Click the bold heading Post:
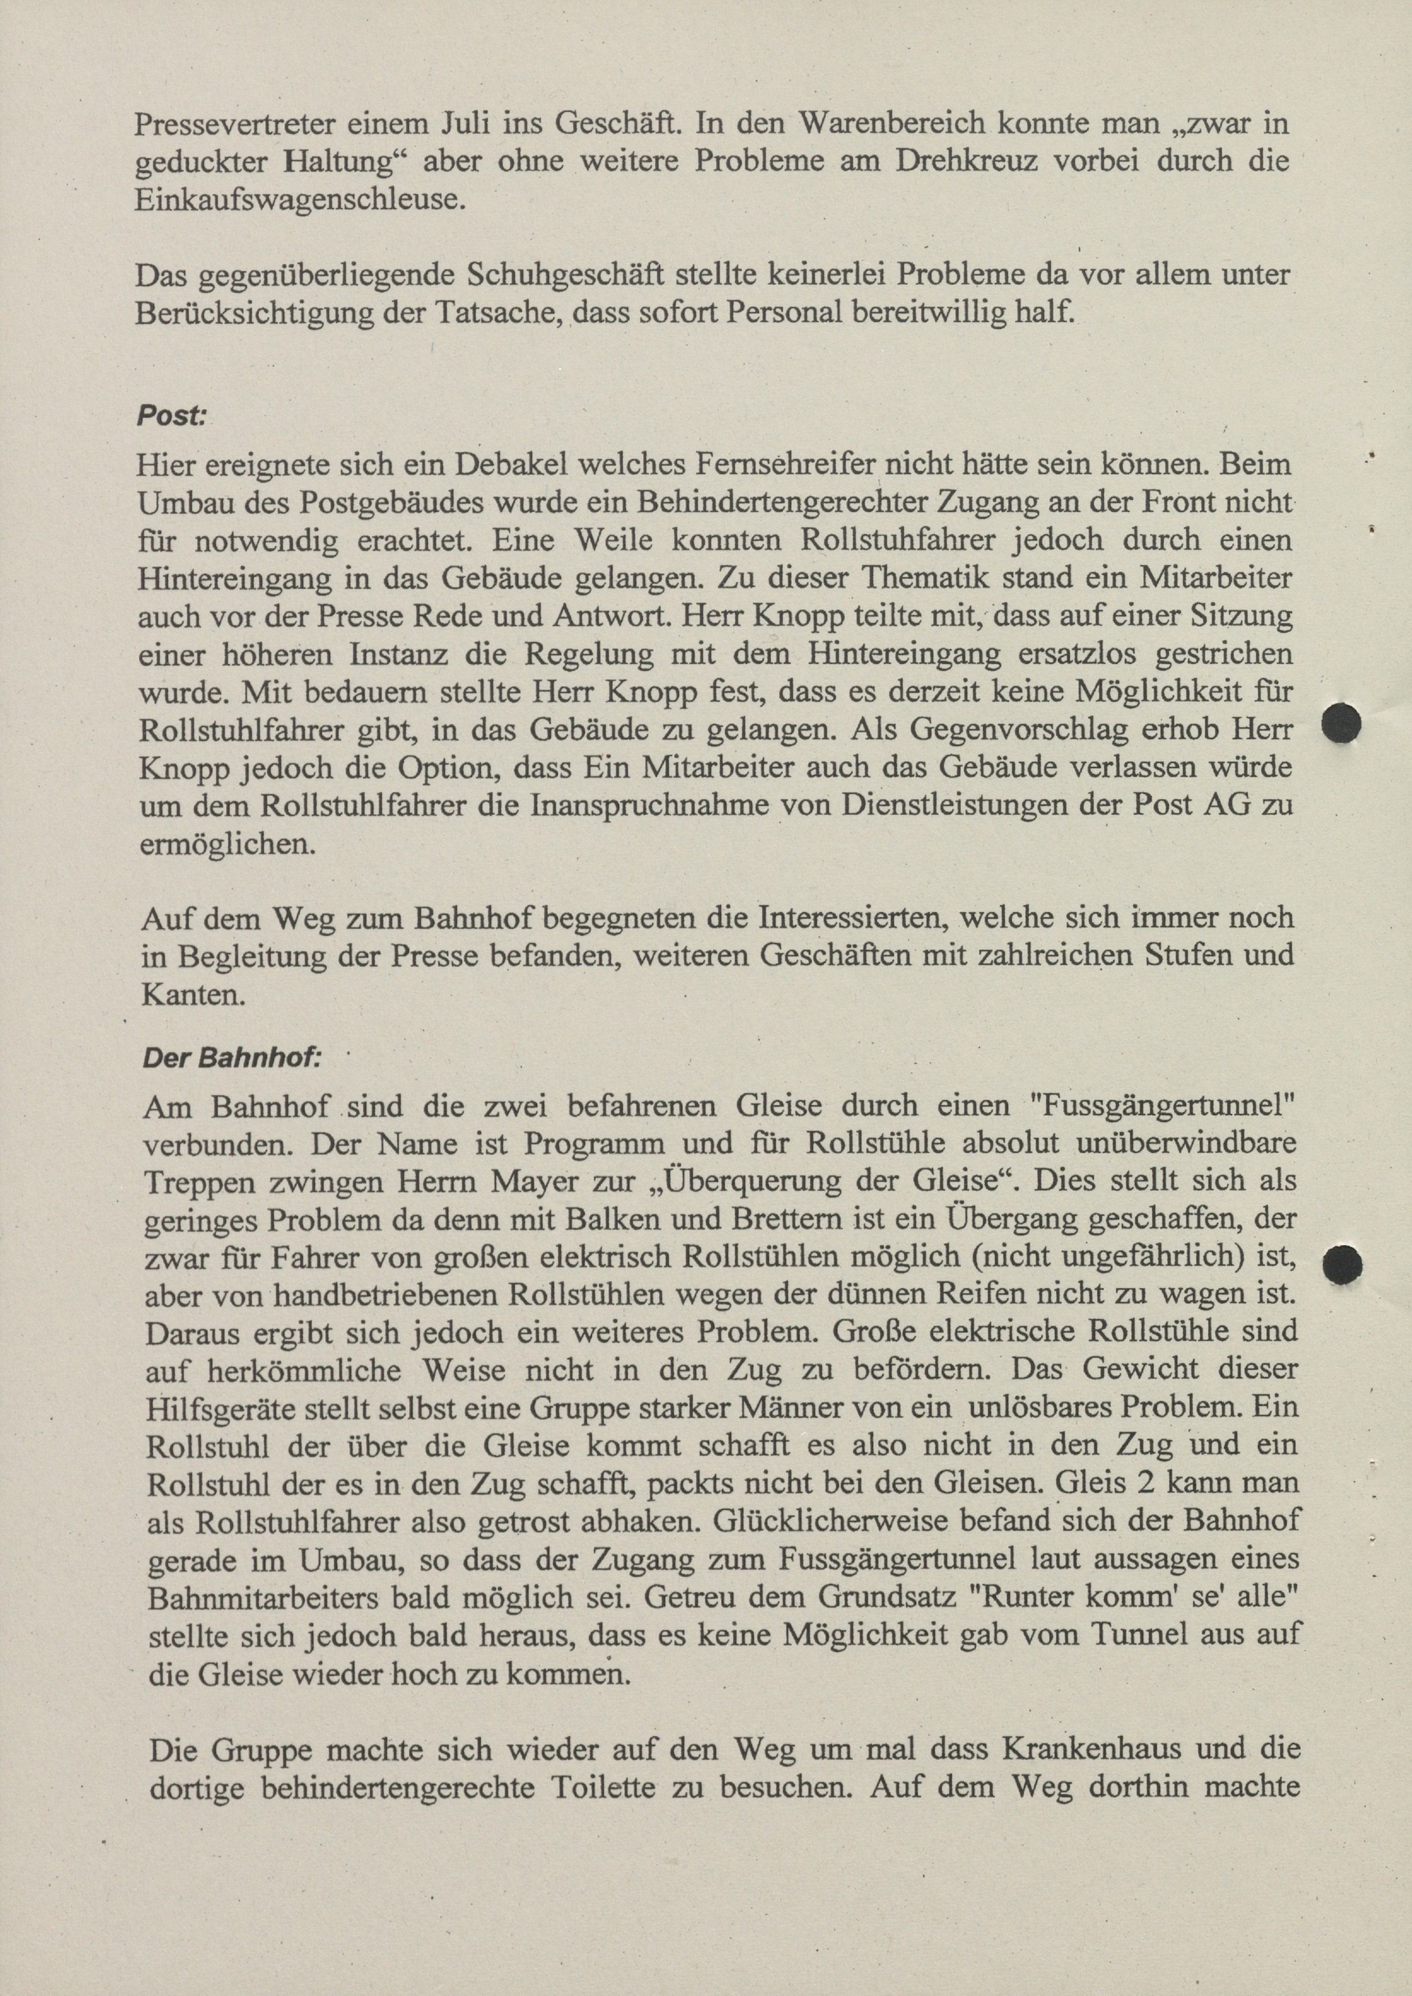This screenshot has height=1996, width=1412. click(171, 417)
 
